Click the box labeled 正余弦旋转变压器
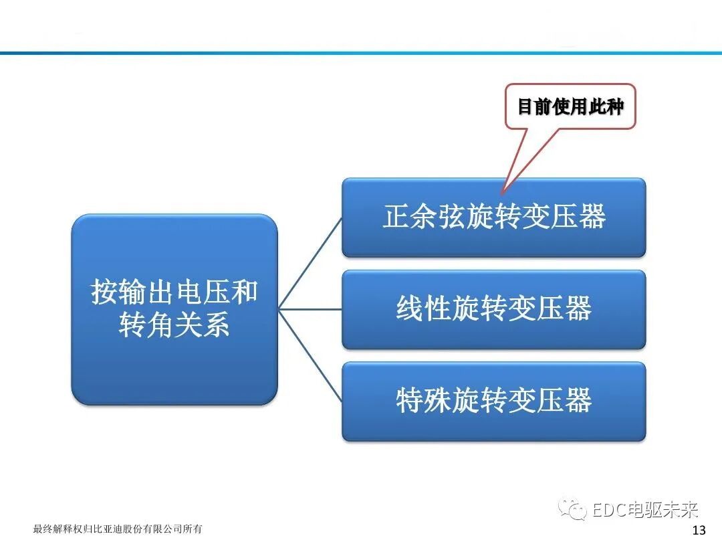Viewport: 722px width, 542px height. coord(493,217)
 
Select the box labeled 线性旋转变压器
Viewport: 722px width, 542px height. coord(493,309)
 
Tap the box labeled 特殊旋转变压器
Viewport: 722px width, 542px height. coord(493,401)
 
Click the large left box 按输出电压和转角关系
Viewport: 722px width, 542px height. coord(174,309)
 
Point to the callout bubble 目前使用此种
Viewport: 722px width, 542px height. coord(570,106)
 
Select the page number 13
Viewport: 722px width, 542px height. coord(699,531)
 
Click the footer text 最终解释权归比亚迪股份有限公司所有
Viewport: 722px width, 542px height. coord(118,529)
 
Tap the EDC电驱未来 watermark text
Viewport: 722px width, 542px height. coord(645,511)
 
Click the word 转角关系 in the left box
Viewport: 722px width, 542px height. coord(174,325)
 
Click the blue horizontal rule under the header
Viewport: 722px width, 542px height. coord(361,52)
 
